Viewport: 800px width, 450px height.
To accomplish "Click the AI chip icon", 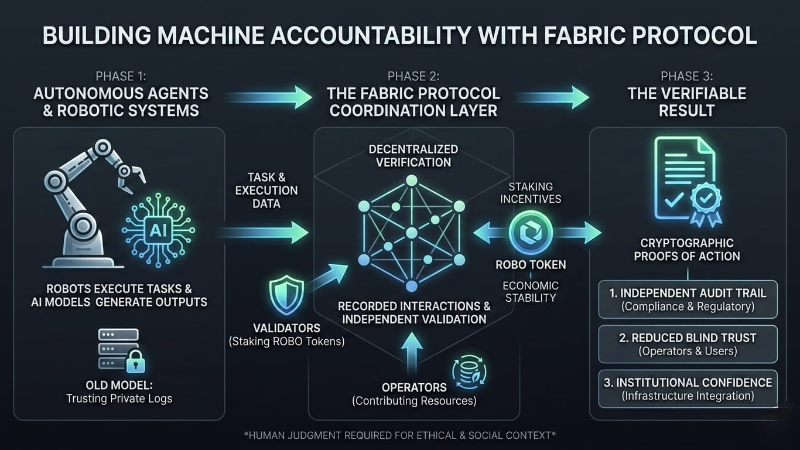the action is click(158, 230).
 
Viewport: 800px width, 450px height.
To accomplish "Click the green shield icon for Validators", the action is click(286, 296).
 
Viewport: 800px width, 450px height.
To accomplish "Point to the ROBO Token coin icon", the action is click(531, 233).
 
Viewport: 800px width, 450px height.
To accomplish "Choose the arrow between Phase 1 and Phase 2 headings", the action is click(268, 97).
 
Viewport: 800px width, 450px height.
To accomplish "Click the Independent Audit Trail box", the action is click(688, 299).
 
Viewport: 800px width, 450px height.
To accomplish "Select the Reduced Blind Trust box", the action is click(688, 344).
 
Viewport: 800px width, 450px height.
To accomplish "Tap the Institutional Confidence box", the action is click(688, 388).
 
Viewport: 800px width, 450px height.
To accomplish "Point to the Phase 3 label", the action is click(687, 76).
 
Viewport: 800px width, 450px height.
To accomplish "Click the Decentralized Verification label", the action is click(413, 155).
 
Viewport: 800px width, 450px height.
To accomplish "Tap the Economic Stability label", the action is click(531, 291).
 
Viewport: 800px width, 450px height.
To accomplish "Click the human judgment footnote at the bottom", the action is click(399, 435).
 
